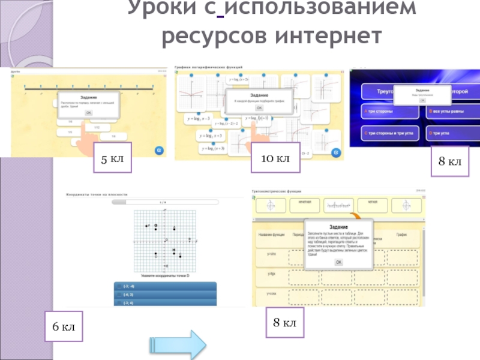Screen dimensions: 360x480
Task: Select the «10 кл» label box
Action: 274,158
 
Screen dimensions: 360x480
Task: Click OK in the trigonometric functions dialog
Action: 338,262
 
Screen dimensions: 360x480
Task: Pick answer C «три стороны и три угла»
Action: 385,133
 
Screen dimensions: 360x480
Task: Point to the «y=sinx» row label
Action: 271,256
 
